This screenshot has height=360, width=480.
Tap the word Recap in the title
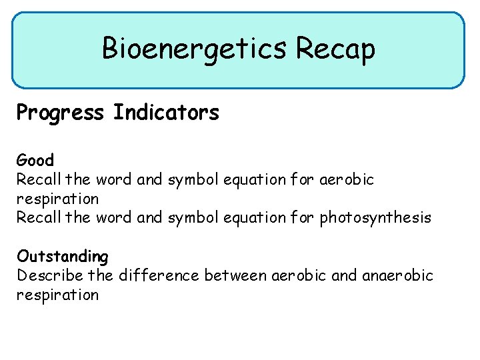coord(336,49)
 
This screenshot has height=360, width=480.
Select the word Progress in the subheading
coord(61,113)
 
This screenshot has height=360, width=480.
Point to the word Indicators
coord(166,113)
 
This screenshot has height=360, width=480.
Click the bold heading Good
coord(35,161)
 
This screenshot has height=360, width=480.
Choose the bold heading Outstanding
coord(63,256)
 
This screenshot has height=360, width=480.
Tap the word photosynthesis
coord(376,218)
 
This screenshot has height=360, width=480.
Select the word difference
coord(160,275)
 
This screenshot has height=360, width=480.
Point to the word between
coord(236,275)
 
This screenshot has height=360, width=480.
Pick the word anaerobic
coord(398,275)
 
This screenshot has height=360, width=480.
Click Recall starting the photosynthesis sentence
coord(38,218)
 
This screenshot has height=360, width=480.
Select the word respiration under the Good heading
coord(57,199)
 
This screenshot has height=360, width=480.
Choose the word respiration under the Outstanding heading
coord(57,295)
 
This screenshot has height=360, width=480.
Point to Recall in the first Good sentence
coord(38,179)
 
